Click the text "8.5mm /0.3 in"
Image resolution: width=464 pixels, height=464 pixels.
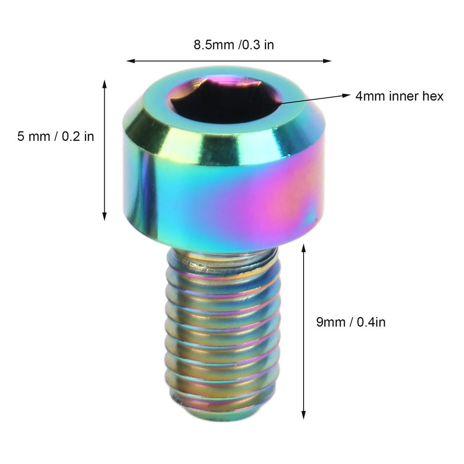(x=234, y=45)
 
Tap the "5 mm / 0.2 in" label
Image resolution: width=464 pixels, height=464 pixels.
(x=56, y=136)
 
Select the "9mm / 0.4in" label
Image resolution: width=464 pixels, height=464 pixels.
(x=351, y=322)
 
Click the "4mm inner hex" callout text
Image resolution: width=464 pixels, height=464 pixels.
(x=399, y=96)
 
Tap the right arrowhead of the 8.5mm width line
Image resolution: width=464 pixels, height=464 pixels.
(x=327, y=61)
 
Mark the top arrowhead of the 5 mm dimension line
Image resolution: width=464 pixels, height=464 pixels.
(x=104, y=84)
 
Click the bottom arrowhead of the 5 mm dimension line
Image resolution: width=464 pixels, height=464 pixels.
(x=104, y=216)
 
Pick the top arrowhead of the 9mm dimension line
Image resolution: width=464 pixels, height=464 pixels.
(x=303, y=249)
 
